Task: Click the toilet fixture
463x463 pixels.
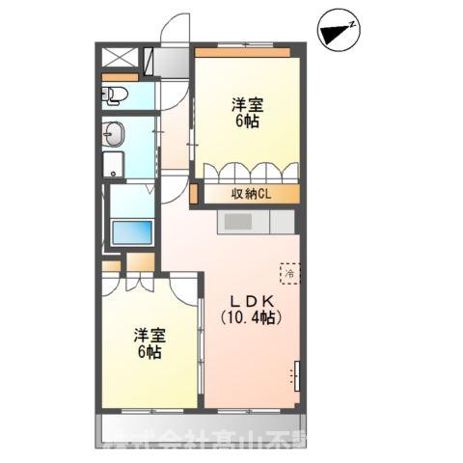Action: [x=115, y=95]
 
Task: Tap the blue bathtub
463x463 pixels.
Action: [x=131, y=233]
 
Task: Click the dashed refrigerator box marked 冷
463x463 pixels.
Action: [x=289, y=273]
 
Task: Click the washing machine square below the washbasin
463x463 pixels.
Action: [x=115, y=165]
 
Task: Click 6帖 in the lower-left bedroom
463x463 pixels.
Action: [x=150, y=353]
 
